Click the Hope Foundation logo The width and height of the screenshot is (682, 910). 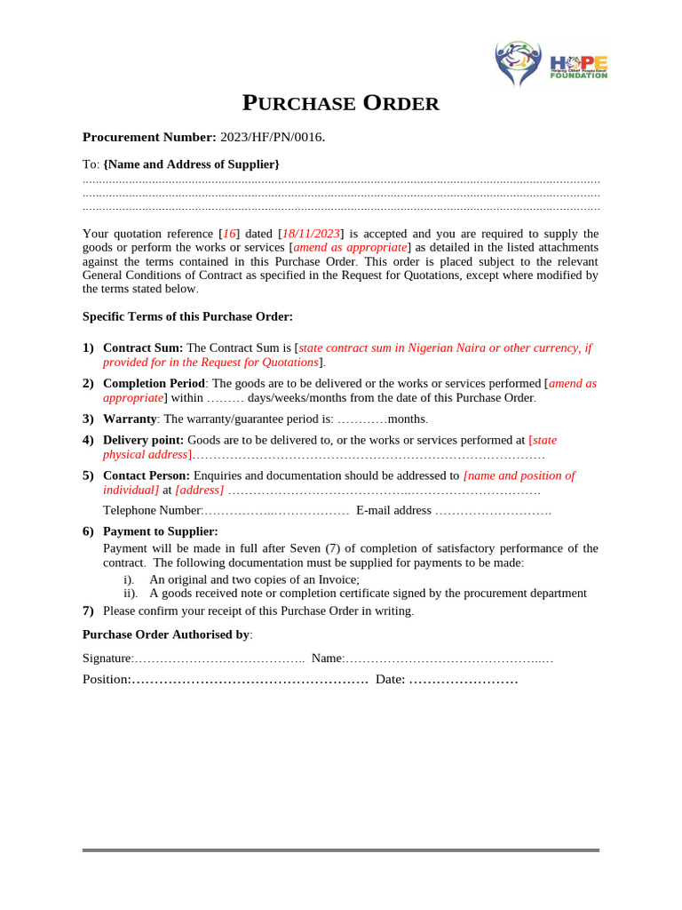[551, 63]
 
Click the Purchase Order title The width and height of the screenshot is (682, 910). [341, 104]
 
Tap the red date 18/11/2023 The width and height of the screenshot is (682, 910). [311, 234]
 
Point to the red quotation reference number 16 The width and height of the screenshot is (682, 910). [230, 234]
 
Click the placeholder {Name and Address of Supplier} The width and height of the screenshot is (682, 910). [192, 164]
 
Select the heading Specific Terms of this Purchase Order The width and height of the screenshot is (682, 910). [187, 316]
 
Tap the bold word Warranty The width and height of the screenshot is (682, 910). [130, 419]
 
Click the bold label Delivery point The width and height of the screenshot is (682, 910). [143, 440]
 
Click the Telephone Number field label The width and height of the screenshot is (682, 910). [153, 510]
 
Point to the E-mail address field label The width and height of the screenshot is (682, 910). [393, 510]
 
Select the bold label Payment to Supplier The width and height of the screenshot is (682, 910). [161, 531]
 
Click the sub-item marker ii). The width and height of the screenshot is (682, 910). [131, 593]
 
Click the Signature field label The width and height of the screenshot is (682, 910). [107, 659]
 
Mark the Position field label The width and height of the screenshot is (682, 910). [106, 679]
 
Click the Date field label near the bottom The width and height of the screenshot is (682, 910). [390, 679]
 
